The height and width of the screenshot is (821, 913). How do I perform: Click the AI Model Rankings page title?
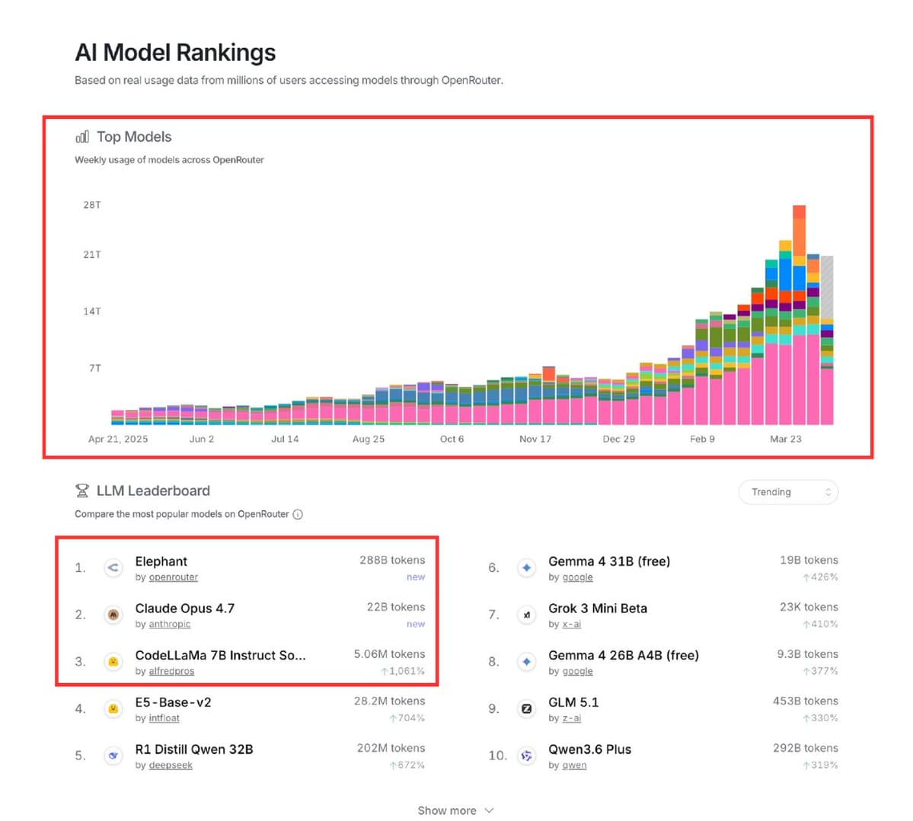(175, 53)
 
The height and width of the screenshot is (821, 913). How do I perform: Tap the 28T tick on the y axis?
(91, 205)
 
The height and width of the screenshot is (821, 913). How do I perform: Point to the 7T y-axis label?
(94, 368)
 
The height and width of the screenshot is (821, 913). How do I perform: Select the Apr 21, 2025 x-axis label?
(118, 439)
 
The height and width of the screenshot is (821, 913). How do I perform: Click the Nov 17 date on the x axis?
(535, 439)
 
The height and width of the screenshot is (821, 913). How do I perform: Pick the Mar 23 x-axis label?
(785, 439)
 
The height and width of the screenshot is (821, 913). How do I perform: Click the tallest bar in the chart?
(799, 320)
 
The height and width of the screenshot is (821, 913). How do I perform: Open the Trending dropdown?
(788, 492)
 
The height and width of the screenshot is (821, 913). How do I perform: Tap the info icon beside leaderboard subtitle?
(298, 514)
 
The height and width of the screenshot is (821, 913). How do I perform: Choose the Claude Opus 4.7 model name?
(185, 609)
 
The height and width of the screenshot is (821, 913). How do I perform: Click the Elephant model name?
(161, 561)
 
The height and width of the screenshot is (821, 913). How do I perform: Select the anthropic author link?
(170, 625)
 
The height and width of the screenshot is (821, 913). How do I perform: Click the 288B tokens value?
(392, 560)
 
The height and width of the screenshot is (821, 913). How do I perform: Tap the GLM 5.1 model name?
(573, 702)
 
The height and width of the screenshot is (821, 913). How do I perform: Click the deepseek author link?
(171, 765)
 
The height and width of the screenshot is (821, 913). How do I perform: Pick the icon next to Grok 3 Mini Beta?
(526, 615)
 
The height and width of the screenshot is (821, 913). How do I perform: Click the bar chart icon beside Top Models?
(82, 137)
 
